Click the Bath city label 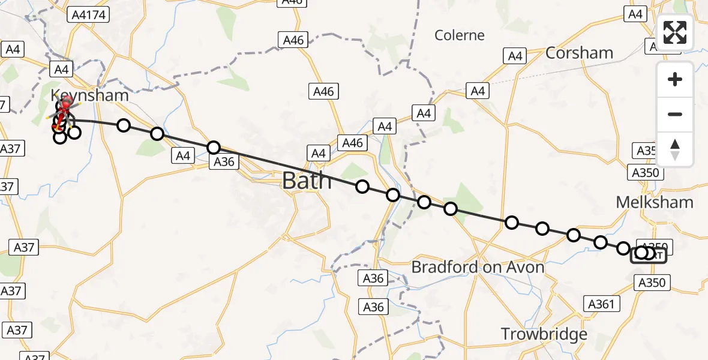(307, 180)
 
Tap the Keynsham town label (89, 95)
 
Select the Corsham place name (579, 53)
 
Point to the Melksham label (655, 202)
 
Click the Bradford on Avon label (478, 267)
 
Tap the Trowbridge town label (544, 334)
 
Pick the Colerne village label (460, 35)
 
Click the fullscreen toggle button (675, 33)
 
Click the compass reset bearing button (675, 149)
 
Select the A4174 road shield (89, 14)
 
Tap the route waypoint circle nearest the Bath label (362, 187)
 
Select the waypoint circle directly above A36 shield (214, 148)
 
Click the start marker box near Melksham (649, 256)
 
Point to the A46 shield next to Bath (352, 143)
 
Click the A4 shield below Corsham (515, 56)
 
